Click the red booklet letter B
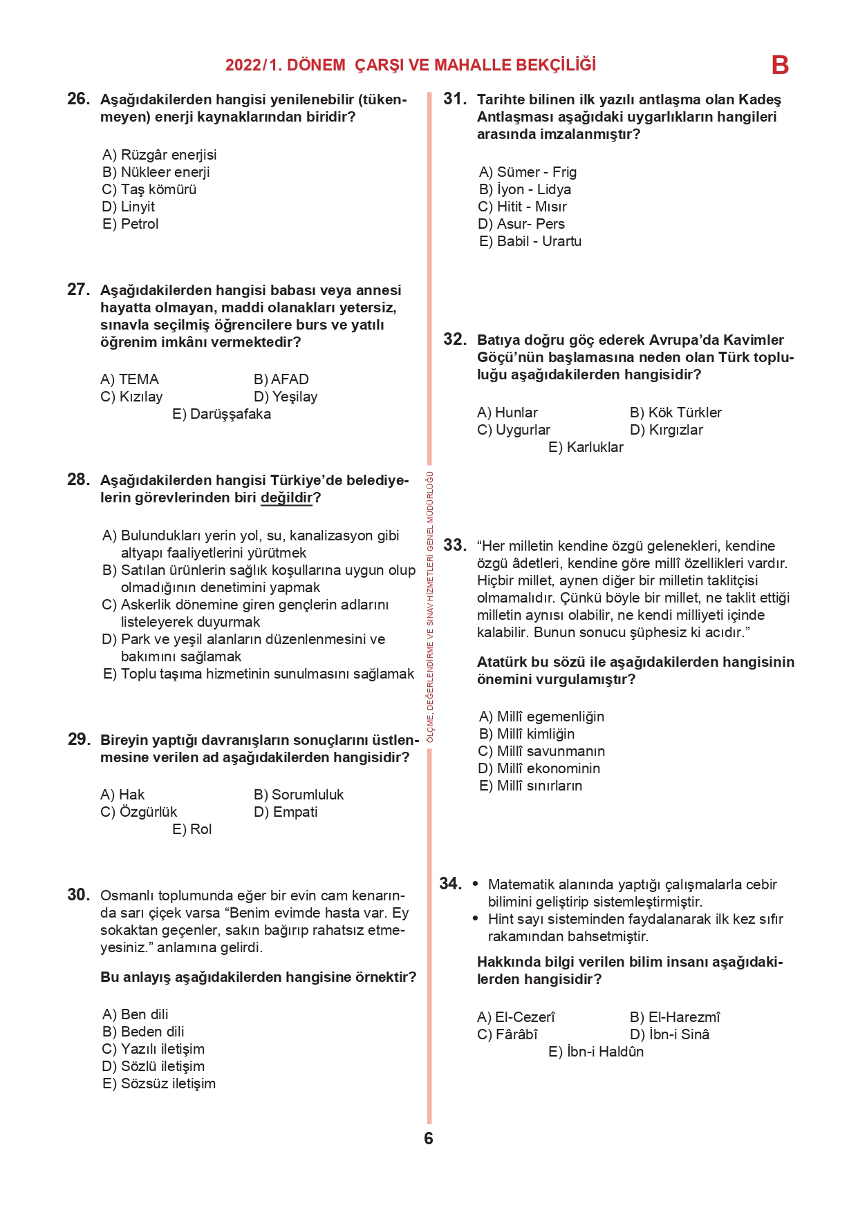pyautogui.click(x=780, y=66)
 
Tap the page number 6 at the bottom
pyautogui.click(x=429, y=1138)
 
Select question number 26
pyautogui.click(x=78, y=99)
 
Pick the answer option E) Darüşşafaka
pyautogui.click(x=221, y=414)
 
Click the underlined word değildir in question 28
pyautogui.click(x=286, y=498)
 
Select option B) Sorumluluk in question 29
pyautogui.click(x=299, y=795)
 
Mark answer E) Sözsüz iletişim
pyautogui.click(x=159, y=1083)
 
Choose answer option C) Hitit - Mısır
pyautogui.click(x=523, y=207)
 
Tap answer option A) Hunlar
pyautogui.click(x=507, y=413)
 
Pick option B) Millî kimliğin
pyautogui.click(x=527, y=734)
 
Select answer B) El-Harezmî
pyautogui.click(x=675, y=1017)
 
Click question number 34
pyautogui.click(x=451, y=884)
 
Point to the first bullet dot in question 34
pyautogui.click(x=476, y=884)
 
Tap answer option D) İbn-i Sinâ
pyautogui.click(x=669, y=1034)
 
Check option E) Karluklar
pyautogui.click(x=586, y=447)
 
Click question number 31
pyautogui.click(x=455, y=99)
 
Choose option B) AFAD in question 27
pyautogui.click(x=281, y=379)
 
